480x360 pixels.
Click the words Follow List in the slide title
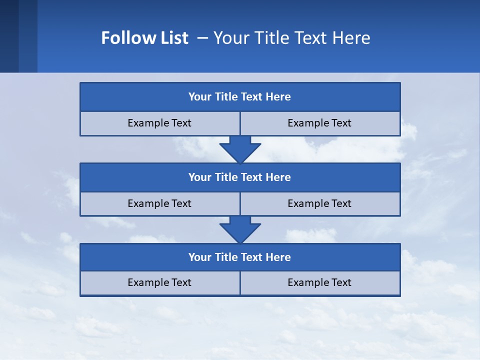pyautogui.click(x=144, y=38)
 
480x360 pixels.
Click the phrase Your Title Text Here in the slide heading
pyautogui.click(x=291, y=38)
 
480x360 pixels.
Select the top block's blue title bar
pyautogui.click(x=239, y=97)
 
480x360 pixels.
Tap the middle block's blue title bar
pyautogui.click(x=239, y=177)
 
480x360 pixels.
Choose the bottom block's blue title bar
pyautogui.click(x=239, y=257)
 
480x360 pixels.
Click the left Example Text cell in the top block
pyautogui.click(x=159, y=123)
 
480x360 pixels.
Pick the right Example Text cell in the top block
pyautogui.click(x=319, y=123)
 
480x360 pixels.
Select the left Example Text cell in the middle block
pyautogui.click(x=159, y=203)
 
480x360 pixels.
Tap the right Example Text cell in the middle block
pyautogui.click(x=319, y=203)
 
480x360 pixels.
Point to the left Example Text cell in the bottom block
pyautogui.click(x=159, y=282)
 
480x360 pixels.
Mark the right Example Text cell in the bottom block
pyautogui.click(x=319, y=282)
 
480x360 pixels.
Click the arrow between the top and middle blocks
pyautogui.click(x=240, y=149)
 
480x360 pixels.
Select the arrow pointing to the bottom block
pyautogui.click(x=240, y=229)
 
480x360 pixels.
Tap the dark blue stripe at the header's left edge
pyautogui.click(x=9, y=36)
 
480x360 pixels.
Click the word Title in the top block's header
pyautogui.click(x=226, y=97)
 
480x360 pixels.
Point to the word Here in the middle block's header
pyautogui.click(x=278, y=177)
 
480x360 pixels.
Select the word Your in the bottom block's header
pyautogui.click(x=200, y=257)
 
